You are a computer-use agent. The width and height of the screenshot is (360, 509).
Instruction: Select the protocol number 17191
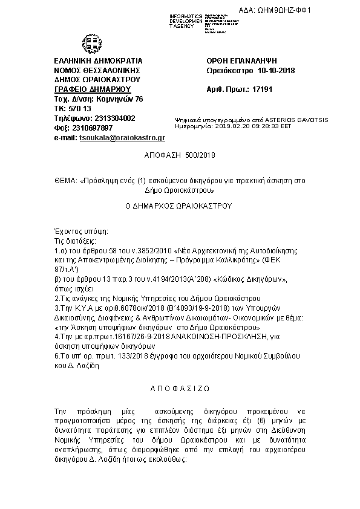(263, 89)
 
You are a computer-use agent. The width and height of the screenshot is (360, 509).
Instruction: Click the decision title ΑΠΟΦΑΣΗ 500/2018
(180, 155)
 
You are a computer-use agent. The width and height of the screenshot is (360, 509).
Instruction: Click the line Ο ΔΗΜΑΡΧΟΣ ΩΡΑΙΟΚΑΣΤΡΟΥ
(178, 206)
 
